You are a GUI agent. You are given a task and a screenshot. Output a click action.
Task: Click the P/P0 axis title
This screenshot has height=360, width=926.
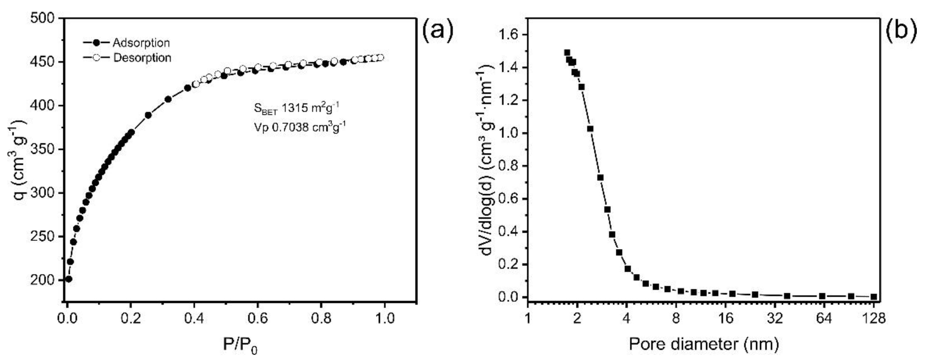click(240, 346)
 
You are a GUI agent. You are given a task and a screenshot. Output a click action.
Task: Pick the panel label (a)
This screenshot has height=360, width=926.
click(438, 32)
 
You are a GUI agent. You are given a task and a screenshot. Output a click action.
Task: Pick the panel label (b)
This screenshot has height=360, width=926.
click(902, 32)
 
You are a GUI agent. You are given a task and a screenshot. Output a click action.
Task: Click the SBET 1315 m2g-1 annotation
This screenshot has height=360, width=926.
click(296, 108)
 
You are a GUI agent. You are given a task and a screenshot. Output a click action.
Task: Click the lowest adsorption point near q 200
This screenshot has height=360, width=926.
click(69, 279)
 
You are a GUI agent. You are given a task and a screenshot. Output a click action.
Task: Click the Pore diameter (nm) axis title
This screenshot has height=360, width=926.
click(704, 345)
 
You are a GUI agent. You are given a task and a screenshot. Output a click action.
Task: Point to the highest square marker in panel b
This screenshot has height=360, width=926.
click(567, 52)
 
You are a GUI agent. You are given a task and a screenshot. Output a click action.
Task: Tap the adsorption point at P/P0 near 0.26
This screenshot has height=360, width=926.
click(148, 115)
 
